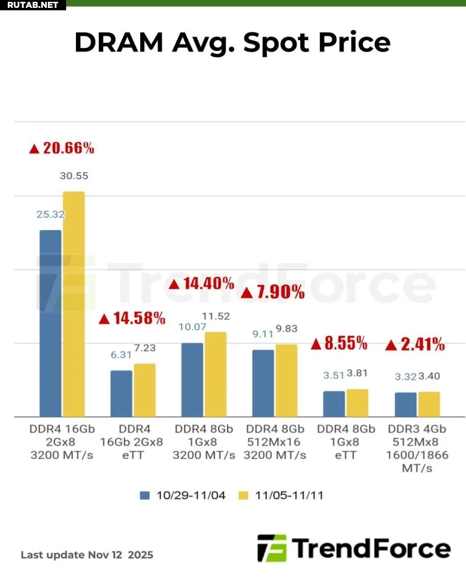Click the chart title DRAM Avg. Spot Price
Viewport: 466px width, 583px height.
click(x=232, y=43)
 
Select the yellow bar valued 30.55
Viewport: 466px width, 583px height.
click(x=74, y=304)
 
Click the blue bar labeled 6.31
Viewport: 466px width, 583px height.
click(x=121, y=394)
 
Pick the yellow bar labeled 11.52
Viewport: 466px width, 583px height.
click(x=215, y=374)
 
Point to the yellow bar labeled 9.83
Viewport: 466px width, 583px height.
click(x=286, y=380)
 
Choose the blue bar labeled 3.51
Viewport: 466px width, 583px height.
click(x=334, y=404)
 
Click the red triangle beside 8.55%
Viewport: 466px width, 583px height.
click(x=316, y=344)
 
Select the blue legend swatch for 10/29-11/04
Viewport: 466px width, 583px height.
click(x=144, y=495)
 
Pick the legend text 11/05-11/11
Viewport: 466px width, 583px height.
click(x=289, y=496)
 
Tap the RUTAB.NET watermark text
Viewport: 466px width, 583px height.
click(x=30, y=5)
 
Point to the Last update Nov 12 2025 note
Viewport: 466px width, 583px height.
click(x=87, y=554)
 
